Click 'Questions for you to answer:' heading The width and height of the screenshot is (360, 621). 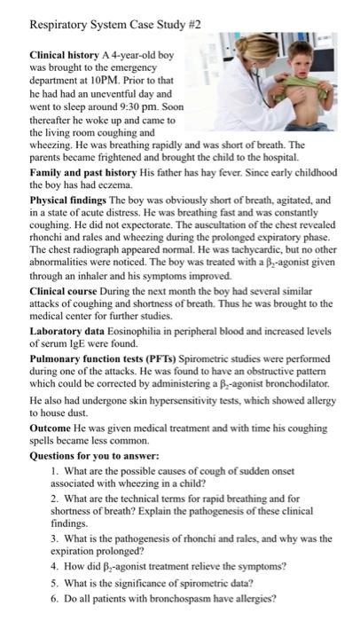point(91,476)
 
